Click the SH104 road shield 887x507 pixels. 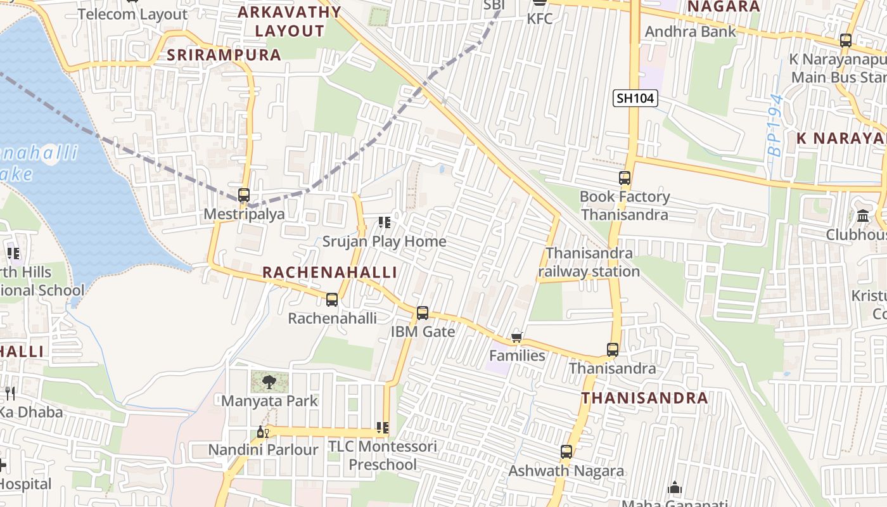pos(635,98)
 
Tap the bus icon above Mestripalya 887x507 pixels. pos(244,195)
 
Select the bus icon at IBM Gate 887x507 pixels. pos(423,313)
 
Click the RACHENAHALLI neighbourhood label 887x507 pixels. pos(329,273)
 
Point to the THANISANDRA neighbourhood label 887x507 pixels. pos(644,398)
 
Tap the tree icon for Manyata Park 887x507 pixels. pos(269,382)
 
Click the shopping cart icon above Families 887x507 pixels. pos(516,338)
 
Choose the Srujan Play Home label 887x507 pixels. pos(384,241)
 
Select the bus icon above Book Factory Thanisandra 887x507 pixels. pos(625,178)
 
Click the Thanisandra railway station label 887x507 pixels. pos(589,262)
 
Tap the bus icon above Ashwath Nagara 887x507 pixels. pos(566,452)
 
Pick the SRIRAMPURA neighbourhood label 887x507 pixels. pos(224,55)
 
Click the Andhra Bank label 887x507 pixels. pos(690,32)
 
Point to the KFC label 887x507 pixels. pos(540,19)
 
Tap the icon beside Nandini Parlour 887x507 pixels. pos(262,433)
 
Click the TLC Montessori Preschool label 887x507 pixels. pos(383,455)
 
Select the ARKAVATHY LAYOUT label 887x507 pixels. pos(290,21)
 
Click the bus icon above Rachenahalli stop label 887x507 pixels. pos(332,300)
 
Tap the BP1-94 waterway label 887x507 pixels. pos(775,125)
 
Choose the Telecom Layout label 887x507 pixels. pos(132,14)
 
